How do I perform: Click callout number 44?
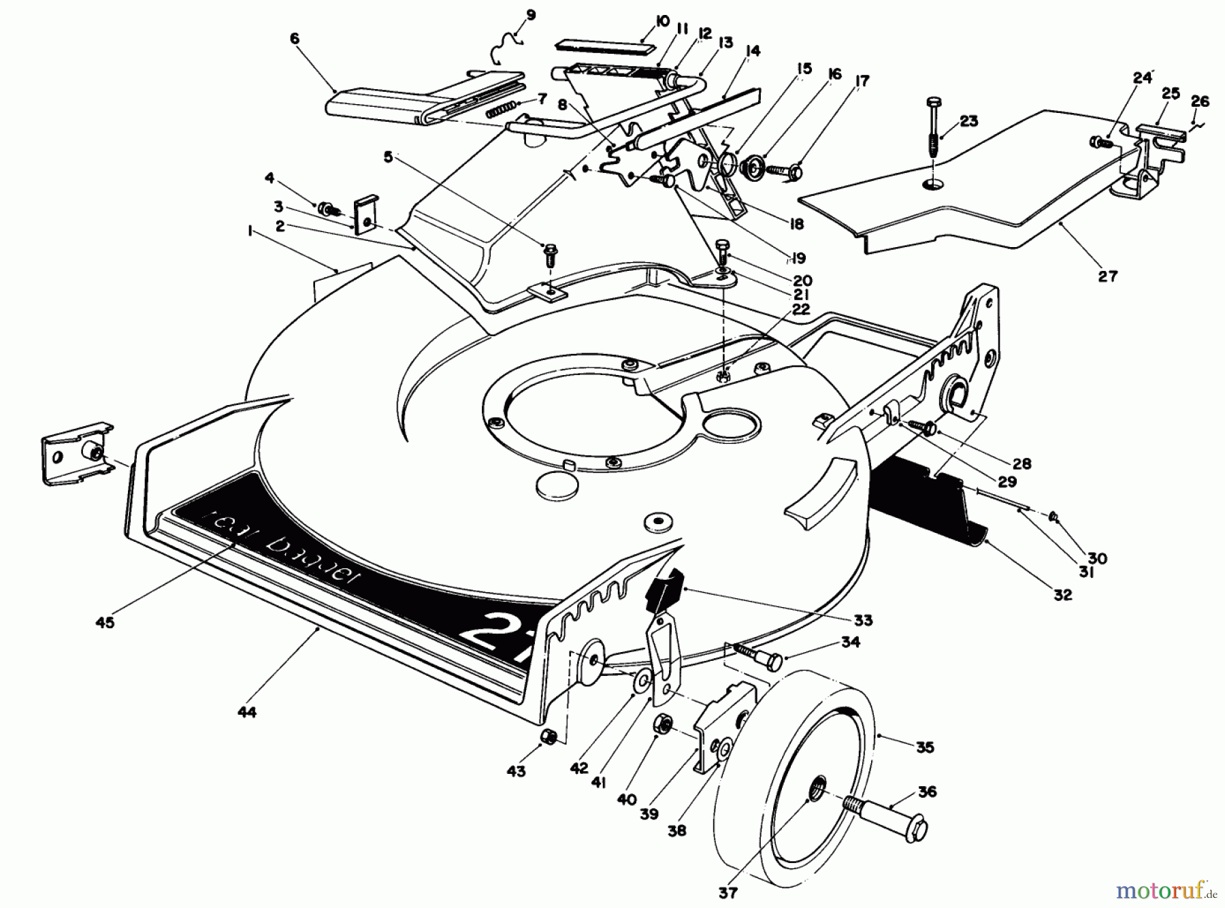coord(247,712)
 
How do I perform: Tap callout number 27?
coord(1107,276)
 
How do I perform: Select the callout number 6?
coord(294,39)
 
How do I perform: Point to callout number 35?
coord(924,747)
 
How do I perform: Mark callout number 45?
coord(105,621)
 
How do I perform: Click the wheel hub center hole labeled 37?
coord(815,790)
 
